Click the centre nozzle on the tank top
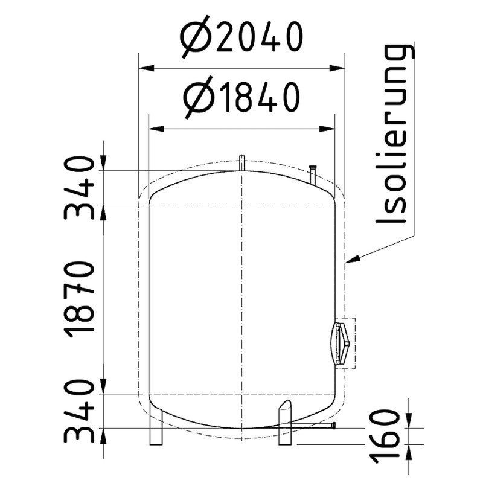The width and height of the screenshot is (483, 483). coord(241,163)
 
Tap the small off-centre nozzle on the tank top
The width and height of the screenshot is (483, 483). coord(313,174)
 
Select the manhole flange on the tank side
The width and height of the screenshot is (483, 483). coord(341,343)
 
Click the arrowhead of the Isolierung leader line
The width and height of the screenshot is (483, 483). coord(353,260)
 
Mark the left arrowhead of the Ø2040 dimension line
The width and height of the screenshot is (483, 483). coord(145,68)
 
